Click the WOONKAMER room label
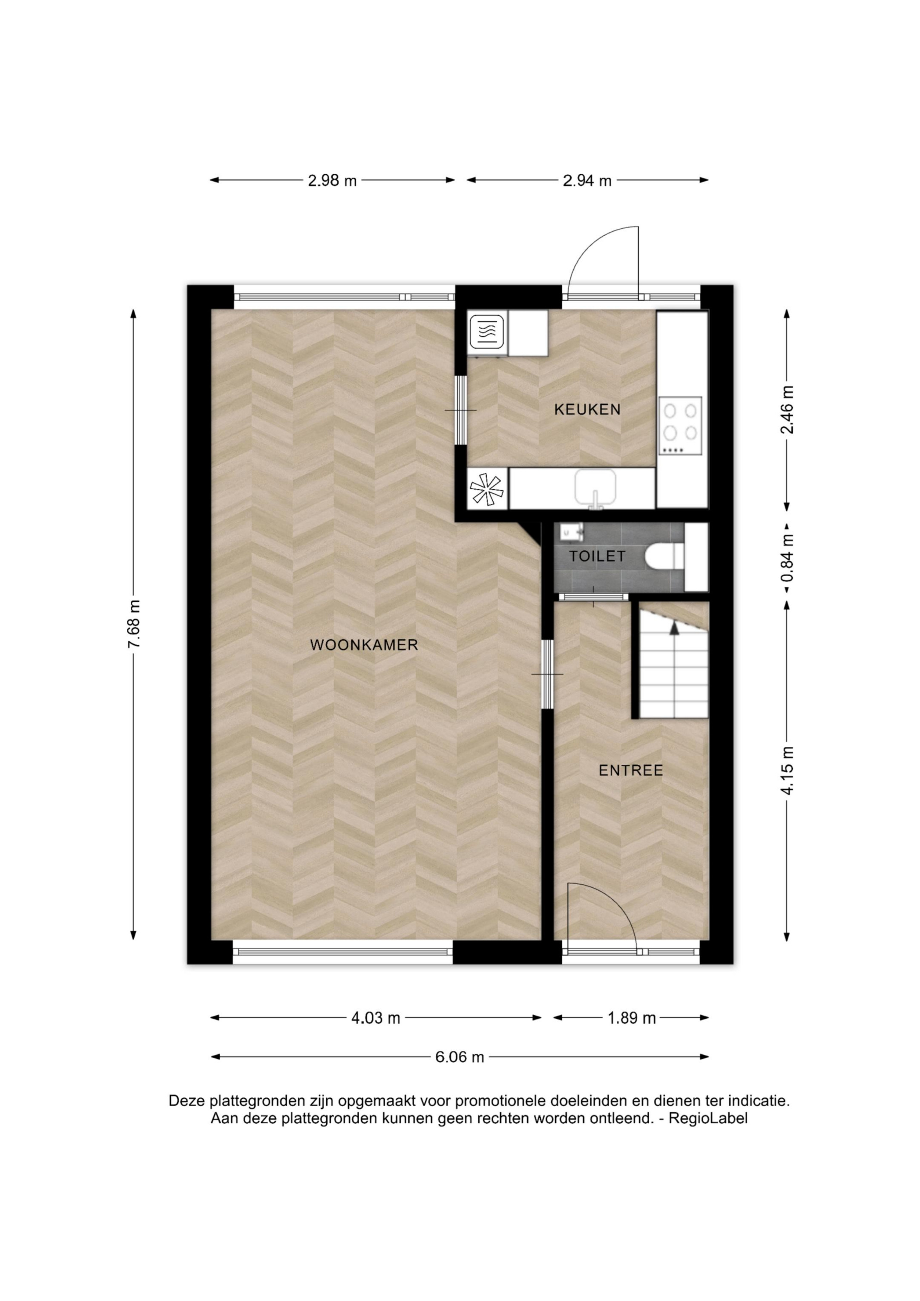[x=364, y=644]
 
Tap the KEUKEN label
[x=587, y=409]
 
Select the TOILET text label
[x=597, y=556]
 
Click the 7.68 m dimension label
[x=134, y=624]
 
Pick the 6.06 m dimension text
[x=460, y=1057]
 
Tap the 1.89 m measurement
[x=632, y=1018]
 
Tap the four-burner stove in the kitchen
[x=680, y=426]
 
